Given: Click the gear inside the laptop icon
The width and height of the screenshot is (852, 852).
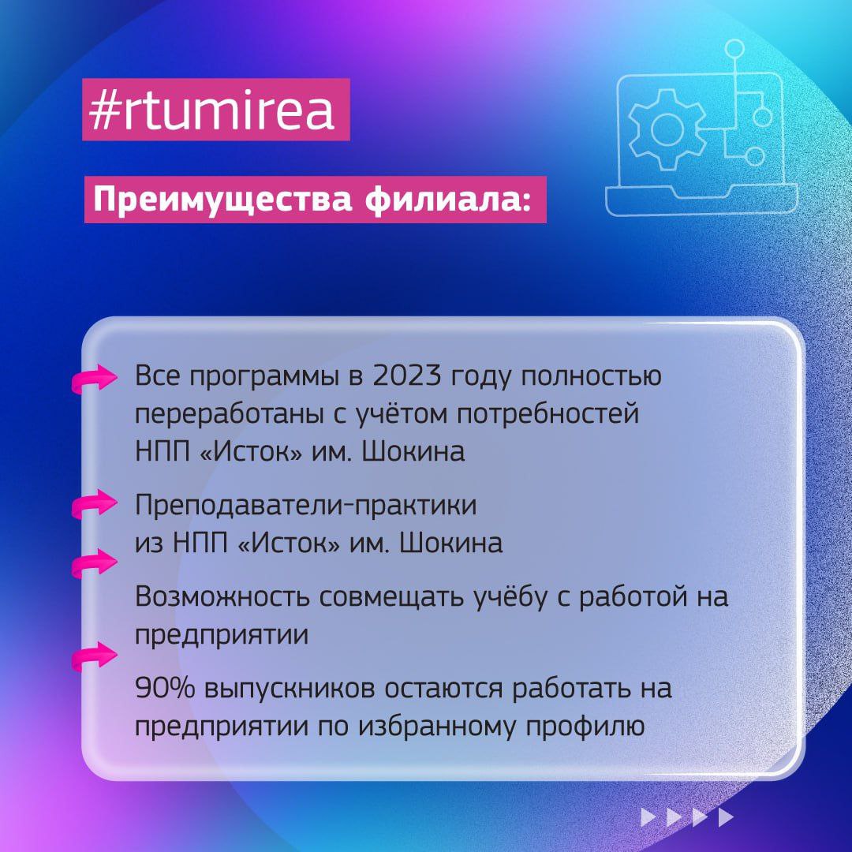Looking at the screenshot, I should [x=667, y=126].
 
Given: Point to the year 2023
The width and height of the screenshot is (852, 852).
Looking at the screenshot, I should [x=402, y=376].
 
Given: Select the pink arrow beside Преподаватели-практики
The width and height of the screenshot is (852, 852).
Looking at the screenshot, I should [x=95, y=508].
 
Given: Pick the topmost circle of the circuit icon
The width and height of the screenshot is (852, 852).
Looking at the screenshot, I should [x=735, y=49].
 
